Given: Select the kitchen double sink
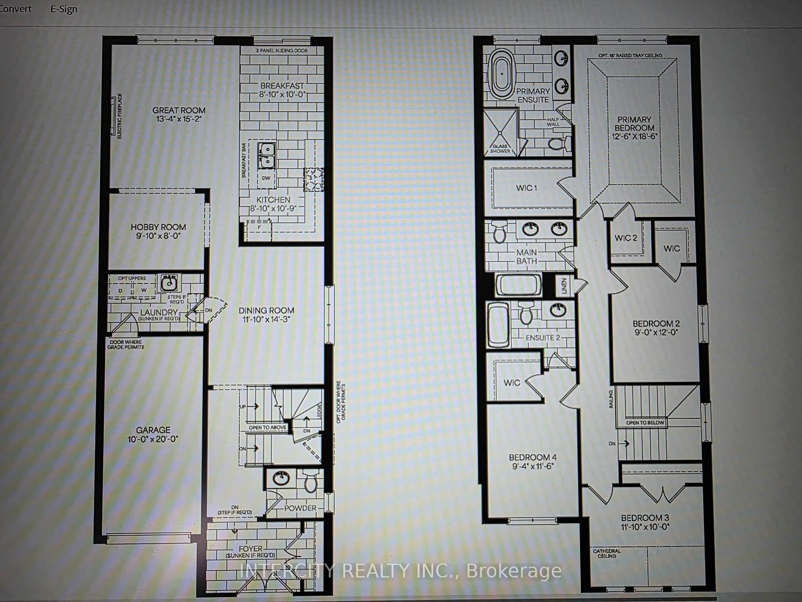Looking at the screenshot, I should pyautogui.click(x=266, y=155).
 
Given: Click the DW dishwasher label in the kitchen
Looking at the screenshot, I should pyautogui.click(x=266, y=178).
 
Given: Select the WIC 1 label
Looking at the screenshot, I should pyautogui.click(x=527, y=188).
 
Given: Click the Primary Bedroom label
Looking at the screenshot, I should pyautogui.click(x=634, y=124).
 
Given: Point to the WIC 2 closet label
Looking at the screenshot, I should pyautogui.click(x=626, y=238).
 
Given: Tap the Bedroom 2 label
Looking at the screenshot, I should pyautogui.click(x=656, y=323).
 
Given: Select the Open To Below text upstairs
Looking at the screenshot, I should pyautogui.click(x=645, y=423).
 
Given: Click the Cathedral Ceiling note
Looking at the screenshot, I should pyautogui.click(x=607, y=553).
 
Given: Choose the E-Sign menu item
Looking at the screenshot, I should pyautogui.click(x=64, y=9).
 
